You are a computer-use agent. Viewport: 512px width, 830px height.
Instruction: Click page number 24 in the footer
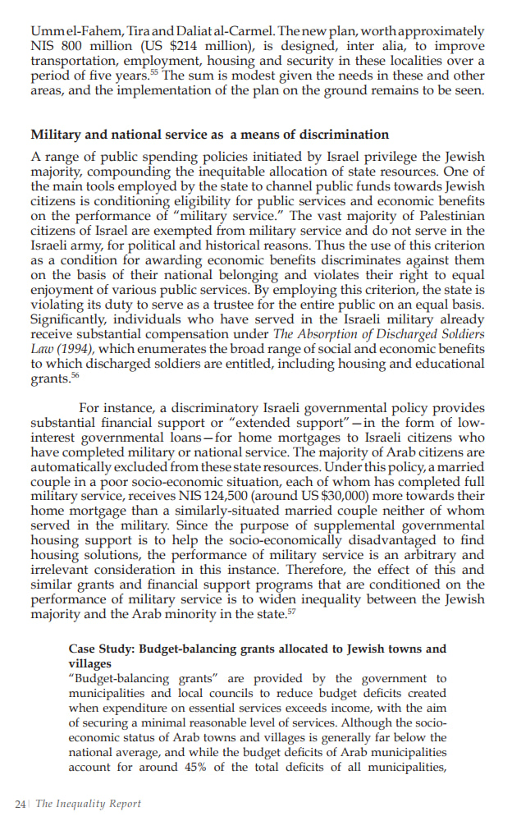[x=21, y=804]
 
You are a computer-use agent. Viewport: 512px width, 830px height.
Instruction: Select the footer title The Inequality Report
[x=88, y=804]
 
